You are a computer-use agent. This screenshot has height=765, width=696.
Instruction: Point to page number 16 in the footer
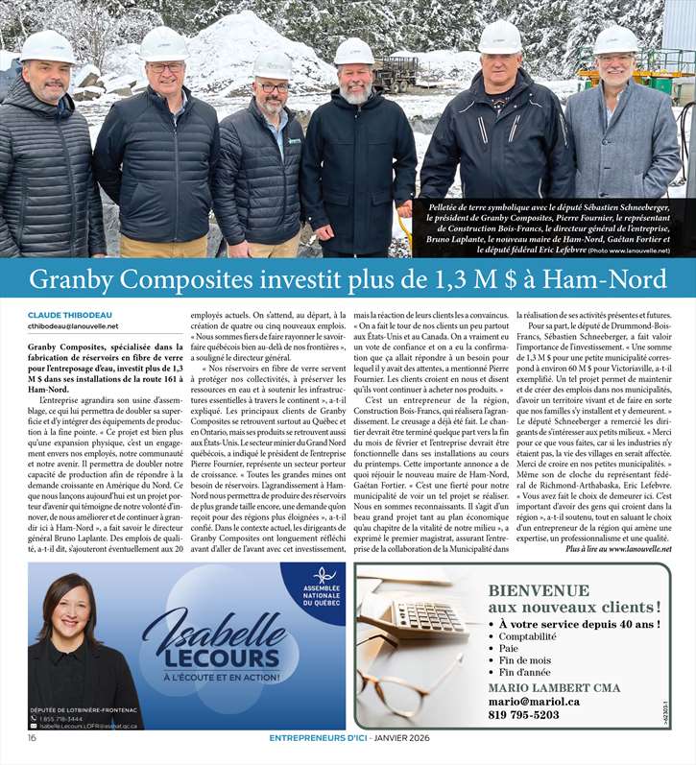point(32,738)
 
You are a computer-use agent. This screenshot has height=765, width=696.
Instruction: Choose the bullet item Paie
point(509,649)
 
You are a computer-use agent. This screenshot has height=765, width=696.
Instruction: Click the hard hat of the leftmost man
point(47,45)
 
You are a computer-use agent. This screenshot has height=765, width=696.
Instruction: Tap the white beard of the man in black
point(355,94)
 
